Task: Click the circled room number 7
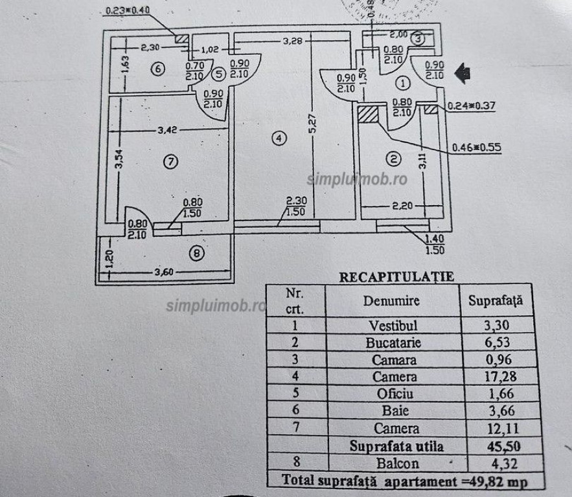170,162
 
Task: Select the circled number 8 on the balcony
198,254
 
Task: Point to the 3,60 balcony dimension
165,272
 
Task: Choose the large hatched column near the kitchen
368,114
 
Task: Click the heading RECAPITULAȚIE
396,276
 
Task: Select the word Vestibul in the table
391,326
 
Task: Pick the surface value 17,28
496,377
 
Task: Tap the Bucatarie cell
391,342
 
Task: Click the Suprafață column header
495,301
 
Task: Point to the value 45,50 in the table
496,446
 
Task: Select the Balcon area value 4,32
496,463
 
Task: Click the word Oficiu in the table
391,394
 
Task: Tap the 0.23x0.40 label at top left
127,11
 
